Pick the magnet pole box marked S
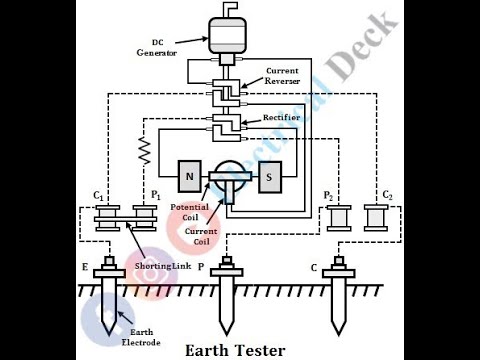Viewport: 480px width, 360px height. tap(270, 177)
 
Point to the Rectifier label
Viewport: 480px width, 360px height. tap(282, 118)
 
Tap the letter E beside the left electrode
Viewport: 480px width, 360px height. tap(86, 269)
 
